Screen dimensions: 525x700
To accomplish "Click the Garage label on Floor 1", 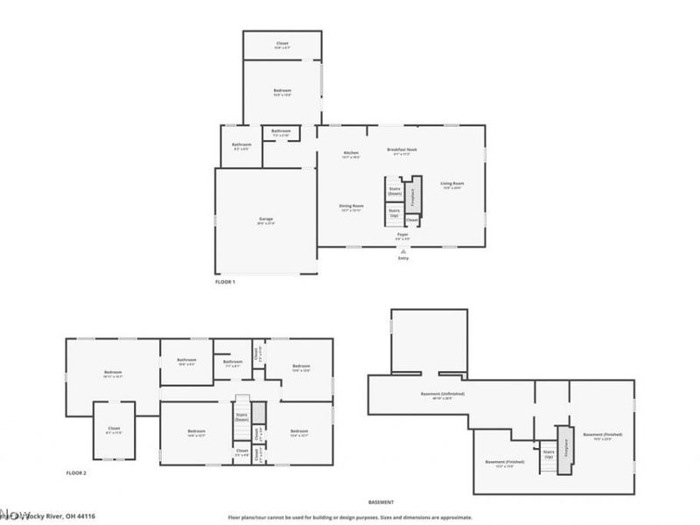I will (266, 220).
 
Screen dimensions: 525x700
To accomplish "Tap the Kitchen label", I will (351, 154).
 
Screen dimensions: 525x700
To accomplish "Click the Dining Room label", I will (351, 208).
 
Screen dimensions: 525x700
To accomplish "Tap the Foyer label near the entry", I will (402, 236).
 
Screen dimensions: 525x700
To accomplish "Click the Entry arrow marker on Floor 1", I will (403, 250).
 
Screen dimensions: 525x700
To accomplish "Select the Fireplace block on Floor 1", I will (416, 196).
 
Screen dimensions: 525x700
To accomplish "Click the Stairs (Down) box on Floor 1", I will (395, 190).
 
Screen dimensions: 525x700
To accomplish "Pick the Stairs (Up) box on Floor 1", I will (395, 212).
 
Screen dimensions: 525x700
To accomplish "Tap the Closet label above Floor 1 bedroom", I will (282, 44).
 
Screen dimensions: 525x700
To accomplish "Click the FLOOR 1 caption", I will (225, 282).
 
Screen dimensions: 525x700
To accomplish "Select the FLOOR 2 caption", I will (76, 472).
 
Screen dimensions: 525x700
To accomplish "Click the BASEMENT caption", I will (381, 502).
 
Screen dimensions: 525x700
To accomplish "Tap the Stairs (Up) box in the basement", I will (549, 454).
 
